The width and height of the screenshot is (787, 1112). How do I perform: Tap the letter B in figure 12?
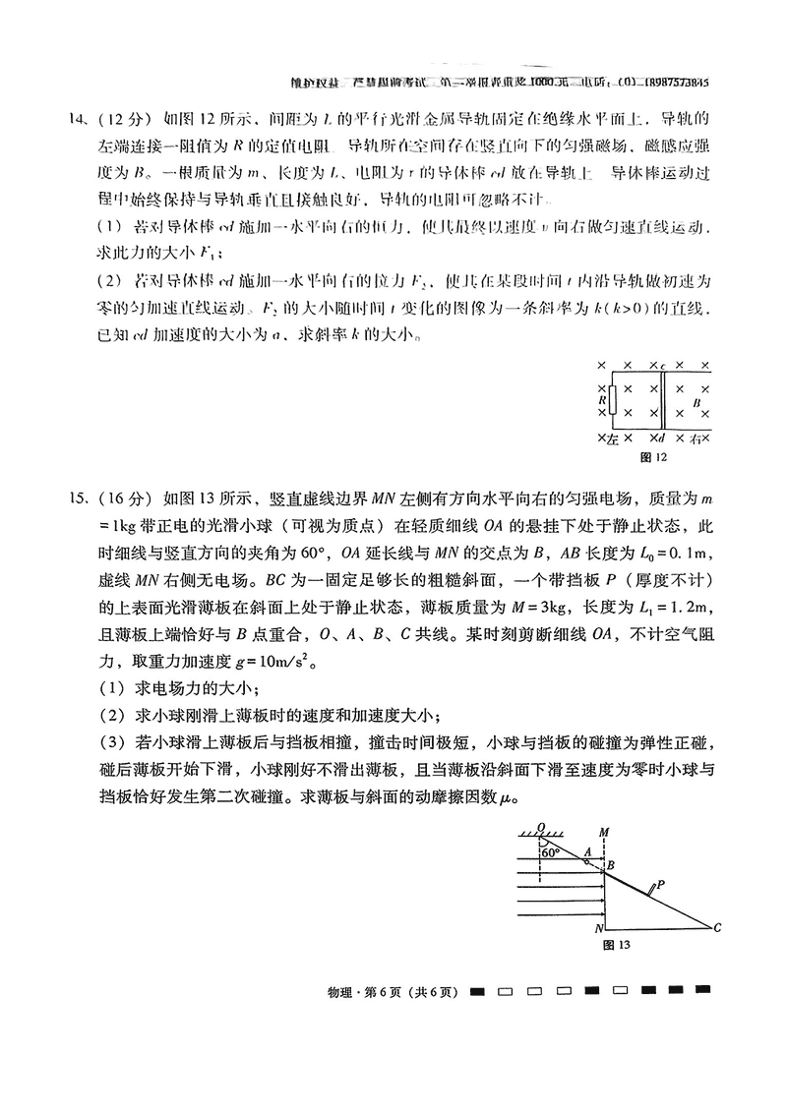[x=696, y=402]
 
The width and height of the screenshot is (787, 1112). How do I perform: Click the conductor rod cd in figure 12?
[x=661, y=401]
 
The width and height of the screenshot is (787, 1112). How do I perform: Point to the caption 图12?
[x=654, y=457]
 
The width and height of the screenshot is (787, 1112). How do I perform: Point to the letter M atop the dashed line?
[x=605, y=833]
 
